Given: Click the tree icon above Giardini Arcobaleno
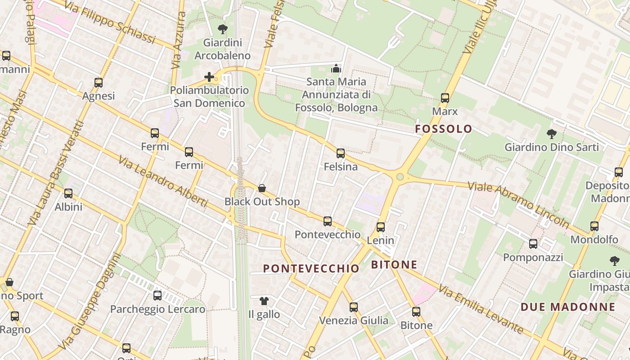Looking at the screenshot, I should [x=222, y=30].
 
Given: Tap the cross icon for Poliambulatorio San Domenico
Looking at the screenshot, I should [x=209, y=77].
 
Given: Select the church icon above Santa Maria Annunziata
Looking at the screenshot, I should [x=336, y=69].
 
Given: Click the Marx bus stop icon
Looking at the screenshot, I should [x=445, y=98].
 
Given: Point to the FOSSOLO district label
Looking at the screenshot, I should [x=444, y=129].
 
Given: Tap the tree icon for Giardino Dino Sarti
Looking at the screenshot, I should [x=551, y=134].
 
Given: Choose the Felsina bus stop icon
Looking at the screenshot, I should [x=341, y=153].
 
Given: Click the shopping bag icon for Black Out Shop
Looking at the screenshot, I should [x=262, y=188].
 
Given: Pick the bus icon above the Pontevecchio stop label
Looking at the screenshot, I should [x=328, y=221].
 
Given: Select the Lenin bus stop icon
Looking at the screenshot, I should [x=381, y=227].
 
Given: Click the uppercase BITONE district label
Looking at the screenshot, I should [x=394, y=265].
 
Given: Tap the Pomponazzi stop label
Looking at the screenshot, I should [x=533, y=257].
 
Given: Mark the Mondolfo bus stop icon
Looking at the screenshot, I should [x=594, y=226].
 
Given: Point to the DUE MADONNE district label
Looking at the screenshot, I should [x=568, y=307].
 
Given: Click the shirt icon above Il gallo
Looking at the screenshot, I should [x=264, y=301].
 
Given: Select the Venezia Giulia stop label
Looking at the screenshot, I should [x=354, y=320].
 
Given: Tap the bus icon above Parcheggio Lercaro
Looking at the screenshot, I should [x=157, y=296].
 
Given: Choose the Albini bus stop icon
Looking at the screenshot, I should [x=68, y=193].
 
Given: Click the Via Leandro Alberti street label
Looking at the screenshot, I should [x=162, y=182].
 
